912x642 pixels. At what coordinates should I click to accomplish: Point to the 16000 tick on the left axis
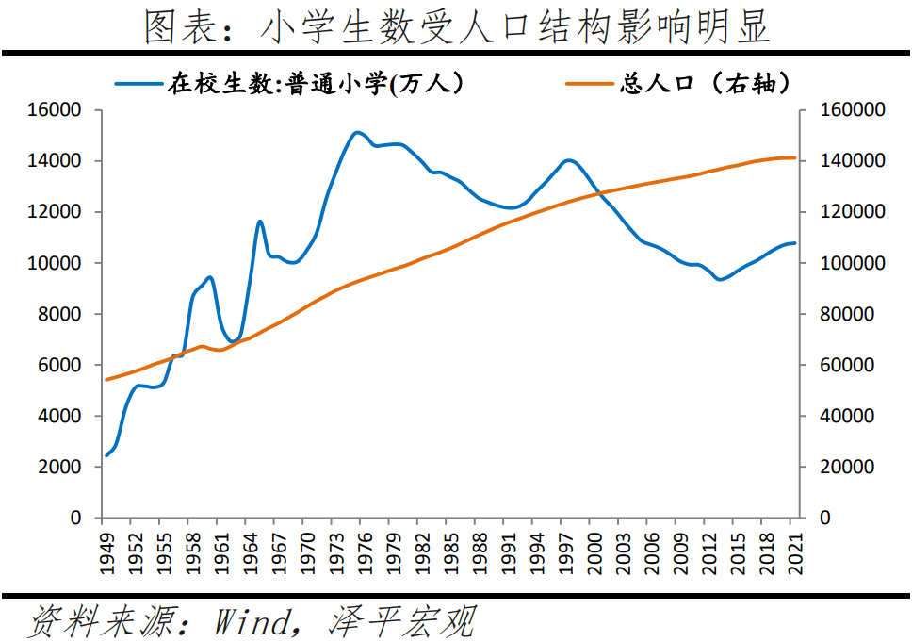(56, 110)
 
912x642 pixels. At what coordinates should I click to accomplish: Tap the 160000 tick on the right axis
(854, 110)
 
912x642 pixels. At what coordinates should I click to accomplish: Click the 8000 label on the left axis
(60, 314)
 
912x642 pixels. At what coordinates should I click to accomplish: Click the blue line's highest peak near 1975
(356, 132)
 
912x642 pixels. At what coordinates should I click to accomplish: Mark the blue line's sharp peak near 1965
(260, 222)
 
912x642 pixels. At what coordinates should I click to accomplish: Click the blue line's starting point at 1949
(106, 455)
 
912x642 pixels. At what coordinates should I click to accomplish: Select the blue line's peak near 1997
(567, 160)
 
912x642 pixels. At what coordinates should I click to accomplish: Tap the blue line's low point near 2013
(720, 279)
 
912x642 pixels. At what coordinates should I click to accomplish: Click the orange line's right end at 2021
(794, 157)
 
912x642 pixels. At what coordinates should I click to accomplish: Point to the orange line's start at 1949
(106, 380)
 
